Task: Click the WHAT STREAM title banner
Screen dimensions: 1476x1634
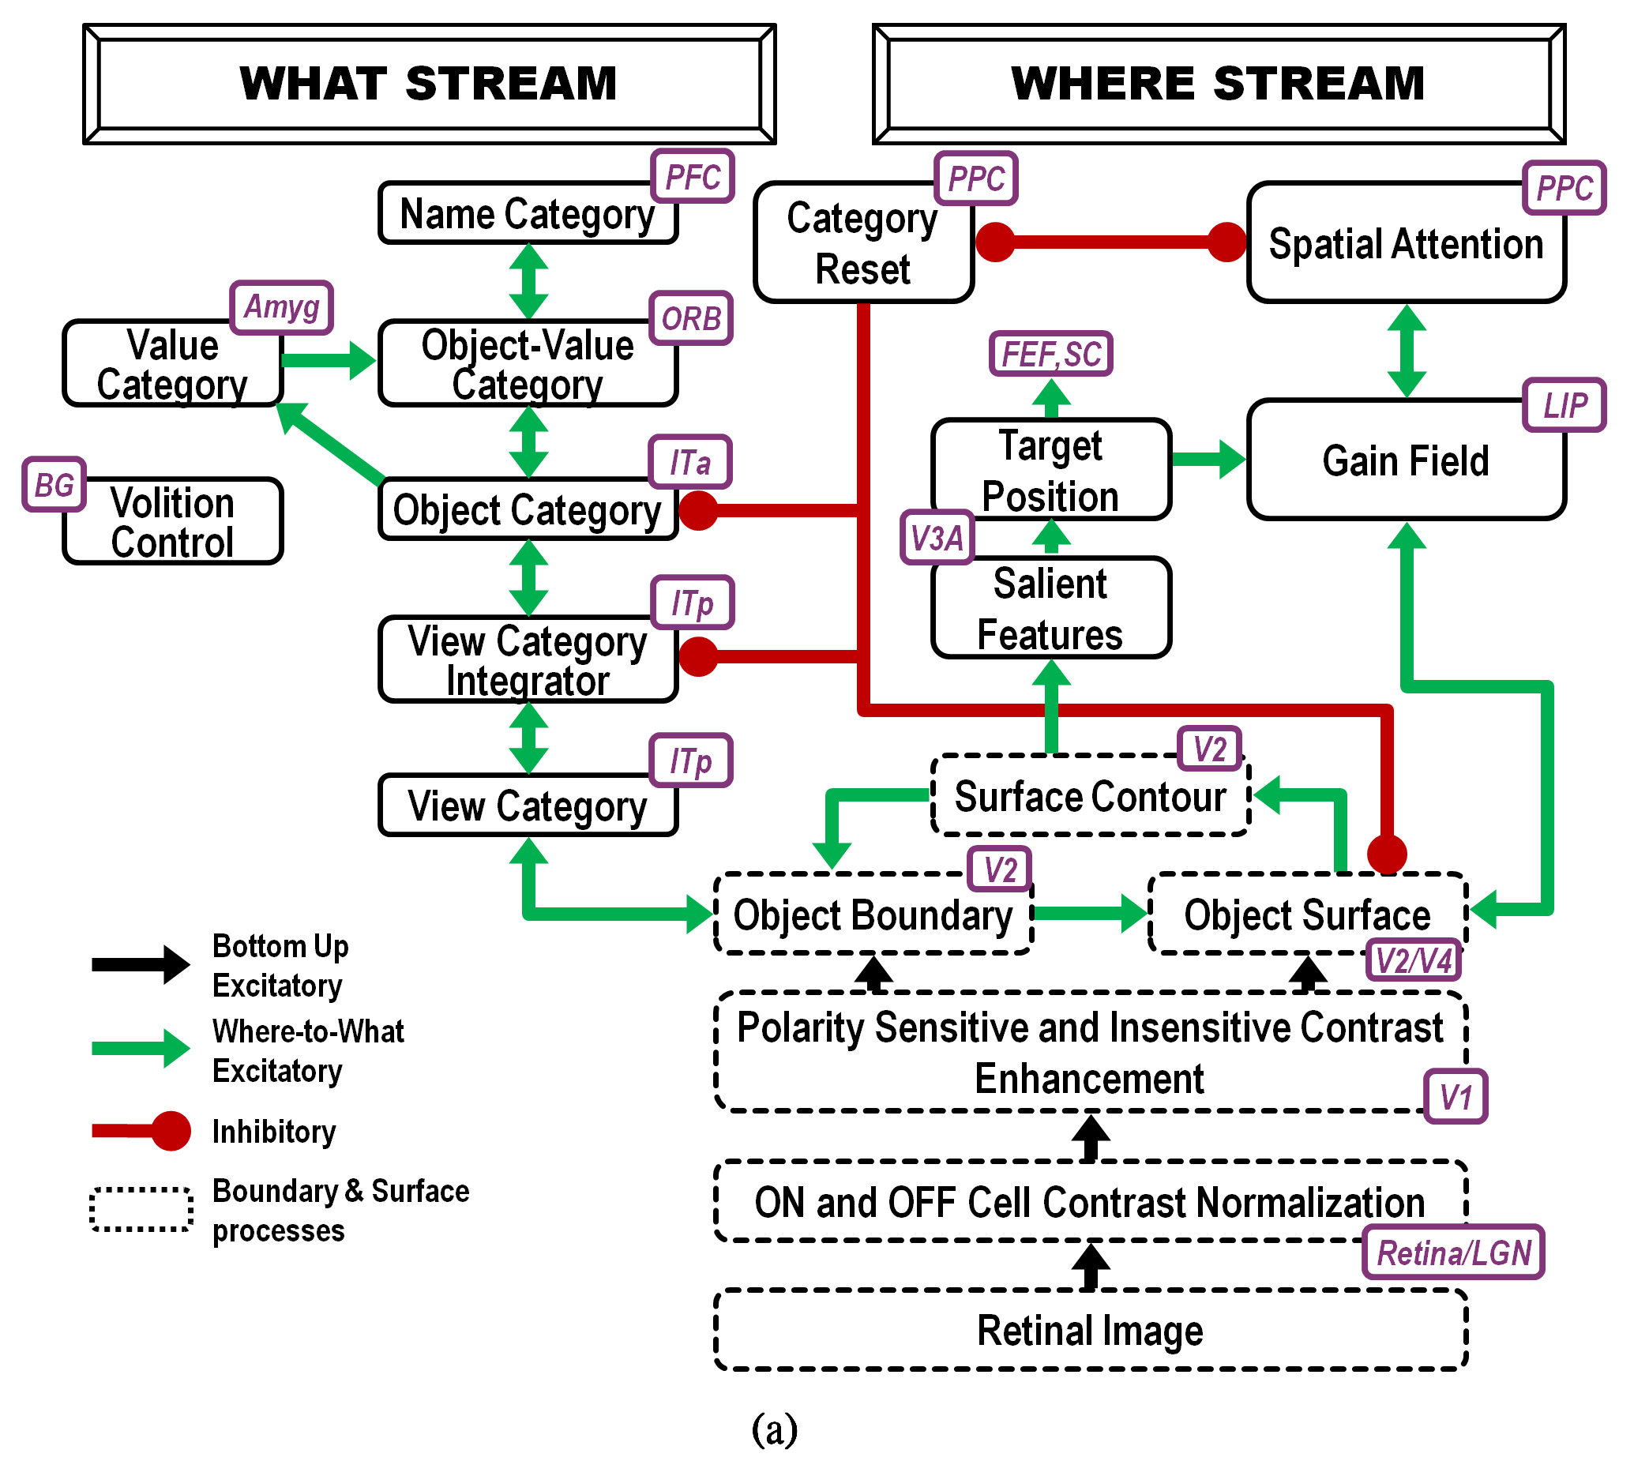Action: click(430, 84)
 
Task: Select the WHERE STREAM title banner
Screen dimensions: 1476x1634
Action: click(1219, 84)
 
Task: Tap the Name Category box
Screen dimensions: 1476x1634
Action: click(527, 214)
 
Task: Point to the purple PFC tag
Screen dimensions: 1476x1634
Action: click(693, 177)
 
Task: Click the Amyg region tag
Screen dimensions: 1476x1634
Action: click(281, 307)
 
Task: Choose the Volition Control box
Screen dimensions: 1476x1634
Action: click(173, 521)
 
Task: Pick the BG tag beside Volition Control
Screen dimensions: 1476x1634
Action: click(54, 485)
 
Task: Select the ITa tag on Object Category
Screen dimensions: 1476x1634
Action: click(689, 462)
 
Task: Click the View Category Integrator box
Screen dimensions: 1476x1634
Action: click(527, 659)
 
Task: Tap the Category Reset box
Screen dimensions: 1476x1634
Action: click(862, 243)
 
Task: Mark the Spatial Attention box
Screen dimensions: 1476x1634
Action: click(1406, 243)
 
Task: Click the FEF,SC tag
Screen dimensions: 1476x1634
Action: click(1051, 353)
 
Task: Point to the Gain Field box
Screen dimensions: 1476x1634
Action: click(1406, 460)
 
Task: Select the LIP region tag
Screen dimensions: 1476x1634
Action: click(1565, 404)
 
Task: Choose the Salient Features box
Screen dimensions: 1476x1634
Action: click(1050, 608)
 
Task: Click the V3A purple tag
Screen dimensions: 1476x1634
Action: click(937, 537)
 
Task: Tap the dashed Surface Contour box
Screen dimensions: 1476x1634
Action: click(1089, 797)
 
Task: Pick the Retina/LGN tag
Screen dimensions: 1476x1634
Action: click(1453, 1253)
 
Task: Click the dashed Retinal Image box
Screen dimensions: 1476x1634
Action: click(1089, 1330)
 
